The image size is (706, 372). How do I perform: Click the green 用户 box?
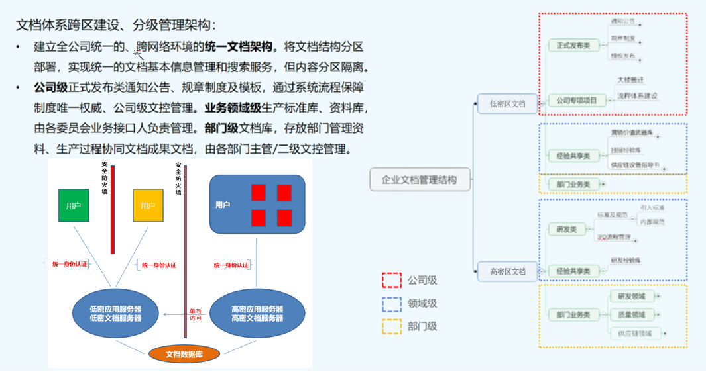[74, 205]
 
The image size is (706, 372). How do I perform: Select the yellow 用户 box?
[148, 205]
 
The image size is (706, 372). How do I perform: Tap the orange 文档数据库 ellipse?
[184, 354]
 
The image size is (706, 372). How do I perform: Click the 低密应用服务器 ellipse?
[116, 314]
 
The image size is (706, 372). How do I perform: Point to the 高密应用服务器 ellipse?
[257, 314]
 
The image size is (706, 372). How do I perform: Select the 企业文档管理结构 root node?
[420, 179]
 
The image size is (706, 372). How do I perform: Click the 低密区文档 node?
[508, 103]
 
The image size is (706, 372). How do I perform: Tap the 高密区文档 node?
[508, 271]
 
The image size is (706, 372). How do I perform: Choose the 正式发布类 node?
[573, 45]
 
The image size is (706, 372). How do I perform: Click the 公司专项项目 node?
[576, 101]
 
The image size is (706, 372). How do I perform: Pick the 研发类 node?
[566, 229]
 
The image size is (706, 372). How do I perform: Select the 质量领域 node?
[631, 314]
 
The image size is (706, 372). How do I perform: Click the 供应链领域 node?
[634, 334]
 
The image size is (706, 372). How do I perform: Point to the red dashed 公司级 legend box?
[392, 280]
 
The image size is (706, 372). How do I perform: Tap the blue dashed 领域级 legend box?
[392, 304]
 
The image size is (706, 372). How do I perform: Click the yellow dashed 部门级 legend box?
[392, 326]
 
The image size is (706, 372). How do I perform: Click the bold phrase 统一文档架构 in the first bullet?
[239, 47]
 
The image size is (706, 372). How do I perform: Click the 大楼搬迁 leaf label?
[630, 80]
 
